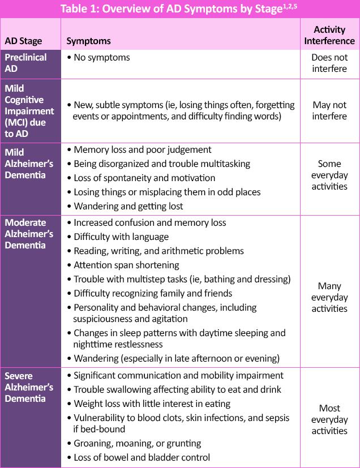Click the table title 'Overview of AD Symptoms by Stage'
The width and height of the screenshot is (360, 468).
click(180, 9)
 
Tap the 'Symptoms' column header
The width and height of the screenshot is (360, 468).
click(89, 41)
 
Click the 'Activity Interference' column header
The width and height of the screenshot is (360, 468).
click(329, 35)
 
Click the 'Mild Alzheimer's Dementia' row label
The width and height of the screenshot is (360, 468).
click(28, 164)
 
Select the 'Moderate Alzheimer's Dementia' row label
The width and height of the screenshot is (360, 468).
click(29, 234)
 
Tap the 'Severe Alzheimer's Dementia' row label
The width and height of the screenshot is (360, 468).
click(29, 387)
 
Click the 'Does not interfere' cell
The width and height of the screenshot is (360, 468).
click(329, 63)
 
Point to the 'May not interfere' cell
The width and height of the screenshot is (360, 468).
click(329, 110)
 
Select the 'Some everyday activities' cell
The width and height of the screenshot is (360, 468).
click(329, 175)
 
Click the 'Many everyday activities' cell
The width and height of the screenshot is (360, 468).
click(329, 297)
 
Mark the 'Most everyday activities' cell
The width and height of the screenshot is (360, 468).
click(329, 419)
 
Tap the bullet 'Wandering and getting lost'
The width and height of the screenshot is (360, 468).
click(128, 206)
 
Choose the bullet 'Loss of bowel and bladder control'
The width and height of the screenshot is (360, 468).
click(142, 457)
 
